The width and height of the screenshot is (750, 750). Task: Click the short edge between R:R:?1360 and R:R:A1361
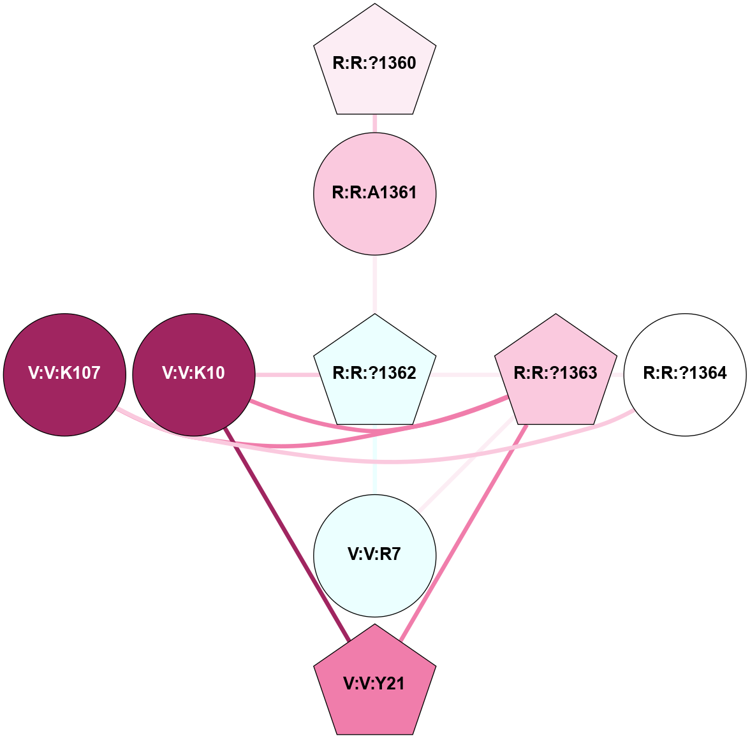(x=375, y=124)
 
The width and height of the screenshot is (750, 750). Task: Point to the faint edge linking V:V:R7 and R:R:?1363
(x=466, y=466)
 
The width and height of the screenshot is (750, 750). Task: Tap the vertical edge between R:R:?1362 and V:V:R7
(x=375, y=459)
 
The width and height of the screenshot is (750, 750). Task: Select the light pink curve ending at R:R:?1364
(x=510, y=446)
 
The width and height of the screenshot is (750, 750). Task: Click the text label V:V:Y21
(x=374, y=684)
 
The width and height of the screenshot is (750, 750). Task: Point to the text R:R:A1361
(x=374, y=193)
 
